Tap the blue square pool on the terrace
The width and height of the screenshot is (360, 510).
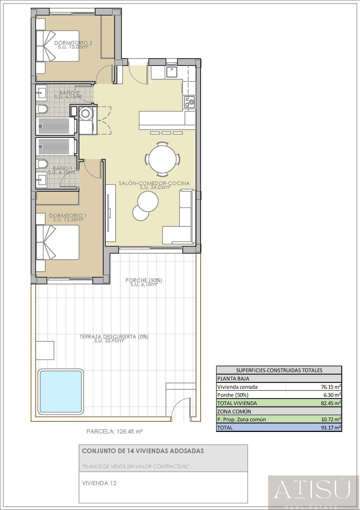coord(61,392)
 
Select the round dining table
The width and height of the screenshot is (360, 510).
coord(162,159)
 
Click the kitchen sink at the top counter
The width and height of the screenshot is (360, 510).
coord(172,72)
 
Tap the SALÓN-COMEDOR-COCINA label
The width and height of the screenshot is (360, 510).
coord(154,183)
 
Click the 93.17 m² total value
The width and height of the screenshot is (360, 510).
coord(330,428)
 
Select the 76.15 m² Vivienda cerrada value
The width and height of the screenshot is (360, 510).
coord(331,387)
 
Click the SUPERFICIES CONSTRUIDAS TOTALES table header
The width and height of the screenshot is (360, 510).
coord(279,370)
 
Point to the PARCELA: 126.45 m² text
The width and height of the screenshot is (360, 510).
coord(114,432)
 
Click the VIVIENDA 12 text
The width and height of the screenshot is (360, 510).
coord(99,483)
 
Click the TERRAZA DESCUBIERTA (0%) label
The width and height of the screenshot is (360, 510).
coord(114,337)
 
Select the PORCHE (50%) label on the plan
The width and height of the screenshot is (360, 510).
coord(144,280)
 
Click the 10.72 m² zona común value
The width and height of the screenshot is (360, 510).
coord(331,419)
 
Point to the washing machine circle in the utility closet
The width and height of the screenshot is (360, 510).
coord(85,114)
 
